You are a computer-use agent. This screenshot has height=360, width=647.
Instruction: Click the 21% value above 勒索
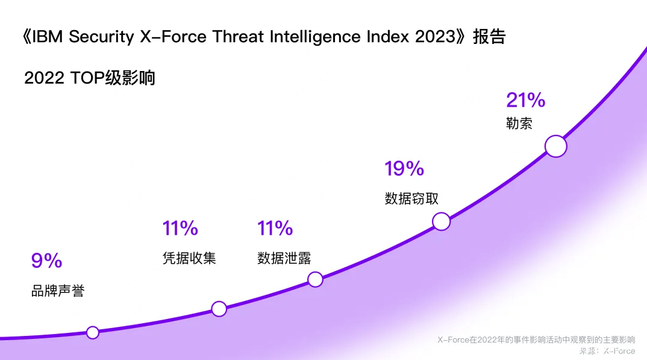525,100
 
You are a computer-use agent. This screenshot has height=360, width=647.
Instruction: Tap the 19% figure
404,169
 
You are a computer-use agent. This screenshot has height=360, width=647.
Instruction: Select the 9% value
47,261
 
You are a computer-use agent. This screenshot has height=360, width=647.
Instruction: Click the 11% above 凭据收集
180,228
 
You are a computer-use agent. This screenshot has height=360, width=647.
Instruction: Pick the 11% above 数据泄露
275,228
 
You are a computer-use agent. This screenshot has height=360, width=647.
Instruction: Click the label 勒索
519,123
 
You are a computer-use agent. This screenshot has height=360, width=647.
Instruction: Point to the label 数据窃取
412,199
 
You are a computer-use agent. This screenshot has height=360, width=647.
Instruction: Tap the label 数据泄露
284,258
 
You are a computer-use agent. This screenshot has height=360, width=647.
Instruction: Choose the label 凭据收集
189,258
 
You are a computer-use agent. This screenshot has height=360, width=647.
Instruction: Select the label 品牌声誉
58,291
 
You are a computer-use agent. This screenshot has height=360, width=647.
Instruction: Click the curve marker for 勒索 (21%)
556,146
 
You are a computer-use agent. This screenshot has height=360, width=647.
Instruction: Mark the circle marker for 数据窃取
442,222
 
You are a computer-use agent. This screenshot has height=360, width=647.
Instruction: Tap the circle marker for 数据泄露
315,279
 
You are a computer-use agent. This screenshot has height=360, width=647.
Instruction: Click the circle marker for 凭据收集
219,309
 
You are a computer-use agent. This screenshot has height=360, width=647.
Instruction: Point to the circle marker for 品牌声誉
92,332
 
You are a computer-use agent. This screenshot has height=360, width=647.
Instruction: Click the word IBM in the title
48,37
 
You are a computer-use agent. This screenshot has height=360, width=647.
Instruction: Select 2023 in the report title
435,37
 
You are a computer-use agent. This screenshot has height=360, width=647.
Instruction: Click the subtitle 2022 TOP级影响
90,78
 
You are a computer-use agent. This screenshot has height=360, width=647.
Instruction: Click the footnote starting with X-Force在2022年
536,340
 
